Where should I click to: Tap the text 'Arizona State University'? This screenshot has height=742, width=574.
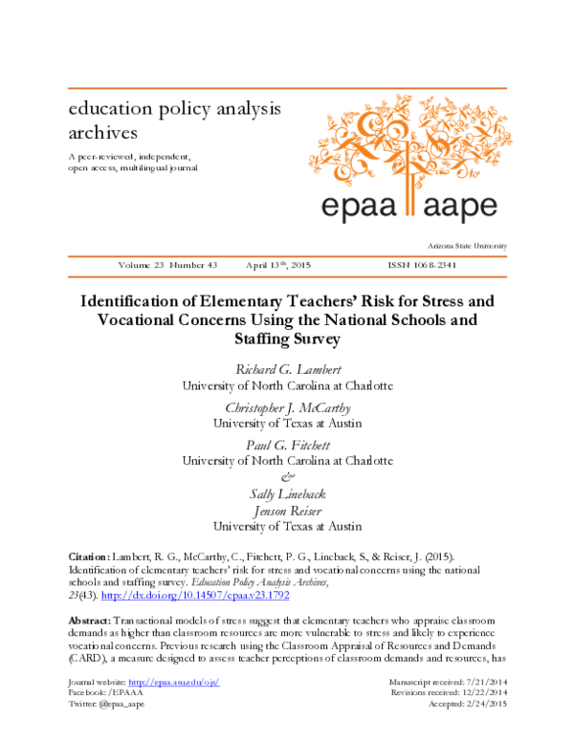[x=468, y=246]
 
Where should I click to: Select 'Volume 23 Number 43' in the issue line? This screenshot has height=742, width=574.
[x=168, y=265]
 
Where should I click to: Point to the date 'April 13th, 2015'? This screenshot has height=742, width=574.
[x=278, y=265]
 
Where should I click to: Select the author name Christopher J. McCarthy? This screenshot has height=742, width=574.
[x=287, y=407]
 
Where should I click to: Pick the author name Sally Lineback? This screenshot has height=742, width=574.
[x=287, y=494]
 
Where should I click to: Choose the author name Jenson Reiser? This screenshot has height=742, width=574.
[x=287, y=511]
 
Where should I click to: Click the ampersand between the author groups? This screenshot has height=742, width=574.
[x=287, y=477]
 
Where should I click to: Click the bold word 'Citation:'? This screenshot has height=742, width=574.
[x=94, y=556]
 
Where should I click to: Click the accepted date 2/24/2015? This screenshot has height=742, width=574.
[x=482, y=730]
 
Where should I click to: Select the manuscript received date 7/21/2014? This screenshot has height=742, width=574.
[x=482, y=707]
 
